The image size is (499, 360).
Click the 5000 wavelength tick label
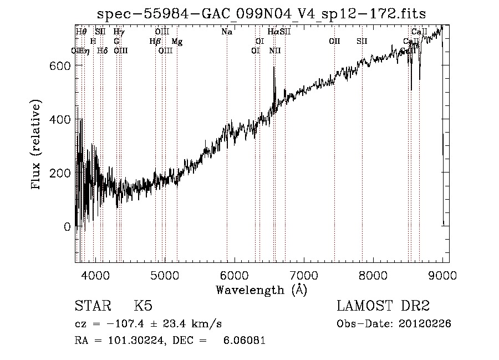point(165,275)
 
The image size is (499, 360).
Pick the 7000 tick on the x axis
point(304,275)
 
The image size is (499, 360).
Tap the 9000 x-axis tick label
point(442,275)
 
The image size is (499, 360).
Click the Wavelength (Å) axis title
point(261,290)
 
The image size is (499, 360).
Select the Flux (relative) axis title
point(37,146)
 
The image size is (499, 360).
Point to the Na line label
point(227,32)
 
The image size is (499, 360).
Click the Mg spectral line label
point(176,42)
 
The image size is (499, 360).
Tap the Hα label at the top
point(274,32)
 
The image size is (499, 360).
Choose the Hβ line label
point(155,42)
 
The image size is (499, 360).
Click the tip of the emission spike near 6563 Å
point(274,68)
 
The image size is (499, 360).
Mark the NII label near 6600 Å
point(276,51)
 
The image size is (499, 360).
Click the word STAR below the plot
point(92,306)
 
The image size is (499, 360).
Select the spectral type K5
point(143,306)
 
